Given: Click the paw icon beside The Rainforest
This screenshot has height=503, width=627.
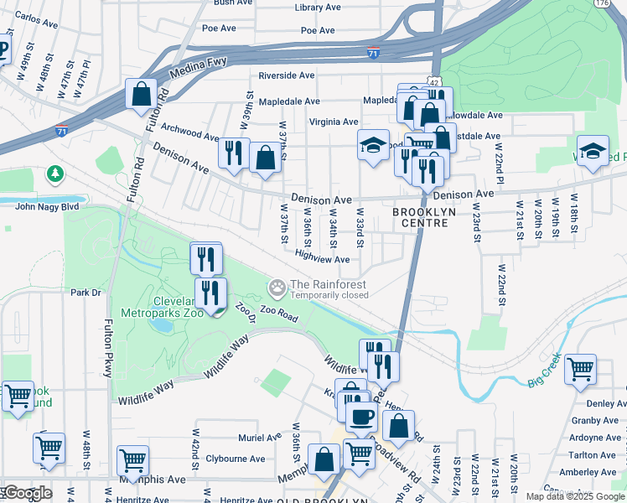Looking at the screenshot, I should coord(277,288).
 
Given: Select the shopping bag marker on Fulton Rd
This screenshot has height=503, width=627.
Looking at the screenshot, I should coord(141,95).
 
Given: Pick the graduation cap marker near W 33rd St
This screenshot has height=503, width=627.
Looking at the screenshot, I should coord(374,145).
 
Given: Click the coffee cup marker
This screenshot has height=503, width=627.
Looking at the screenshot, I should coord(362,416).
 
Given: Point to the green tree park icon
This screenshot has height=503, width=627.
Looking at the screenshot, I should coord(55,174).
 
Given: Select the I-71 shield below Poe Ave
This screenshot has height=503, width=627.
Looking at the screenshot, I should coord(372,54).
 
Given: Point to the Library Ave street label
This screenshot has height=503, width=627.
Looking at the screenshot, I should coord(318,8).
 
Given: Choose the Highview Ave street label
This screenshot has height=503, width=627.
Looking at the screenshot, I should coord(322,260).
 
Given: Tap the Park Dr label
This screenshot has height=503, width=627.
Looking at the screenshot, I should coord(85,293).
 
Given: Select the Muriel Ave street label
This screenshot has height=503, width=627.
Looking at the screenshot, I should coord(260,438).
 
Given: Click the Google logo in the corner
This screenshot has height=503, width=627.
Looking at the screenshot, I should coord(27,493).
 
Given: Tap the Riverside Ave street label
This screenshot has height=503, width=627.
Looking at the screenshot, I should coord(286,75).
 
